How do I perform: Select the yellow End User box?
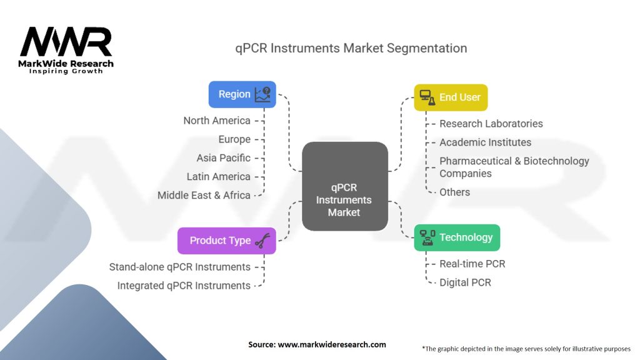pos(451,97)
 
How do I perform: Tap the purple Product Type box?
pos(226,241)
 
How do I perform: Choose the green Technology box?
pos(457,237)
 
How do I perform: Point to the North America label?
pos(217,121)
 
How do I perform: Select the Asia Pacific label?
pos(223,158)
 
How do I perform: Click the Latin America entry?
pos(218,177)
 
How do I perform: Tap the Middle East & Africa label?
pos(204,195)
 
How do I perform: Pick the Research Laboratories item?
pos(491,124)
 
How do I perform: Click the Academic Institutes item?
pos(485,142)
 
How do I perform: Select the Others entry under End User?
pos(454,192)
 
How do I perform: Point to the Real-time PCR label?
pos(472,264)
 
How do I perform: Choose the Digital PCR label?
pos(465,282)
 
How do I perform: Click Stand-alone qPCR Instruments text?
pos(180,267)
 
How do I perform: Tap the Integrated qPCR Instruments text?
pos(184,286)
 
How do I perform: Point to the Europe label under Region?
pos(234,139)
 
